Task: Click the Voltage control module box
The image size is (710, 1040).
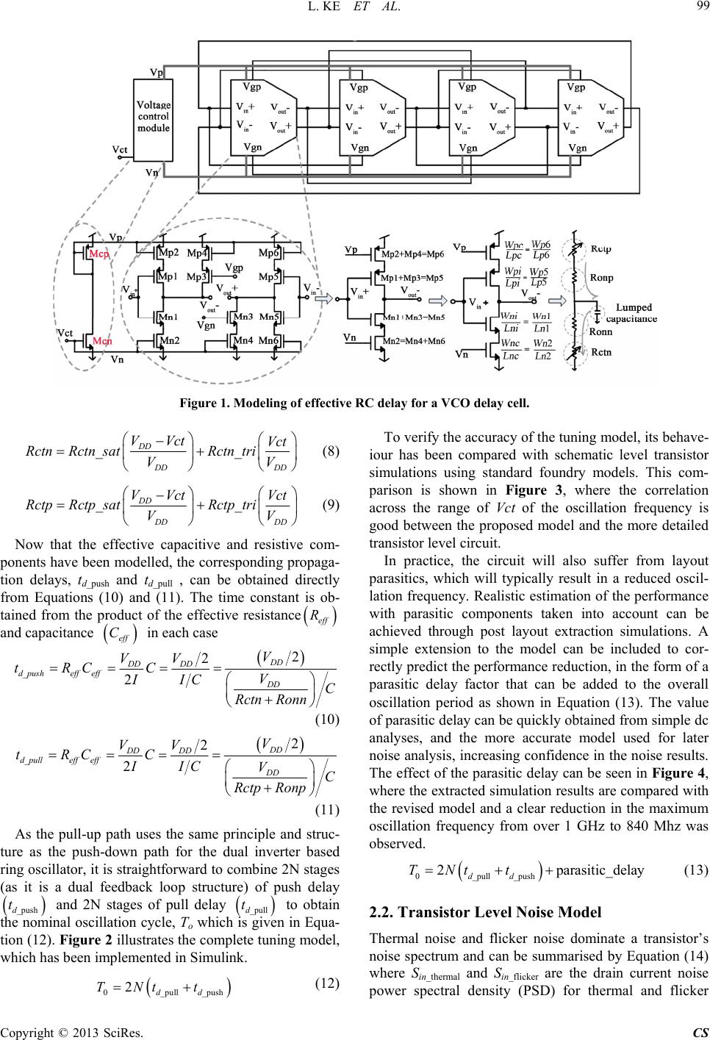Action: click(153, 120)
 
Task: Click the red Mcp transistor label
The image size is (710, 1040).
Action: click(99, 254)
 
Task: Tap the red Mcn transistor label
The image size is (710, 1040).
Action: click(102, 341)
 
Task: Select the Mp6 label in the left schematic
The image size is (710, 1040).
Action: click(268, 253)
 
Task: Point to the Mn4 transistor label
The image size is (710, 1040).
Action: click(243, 340)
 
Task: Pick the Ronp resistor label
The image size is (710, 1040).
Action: click(602, 278)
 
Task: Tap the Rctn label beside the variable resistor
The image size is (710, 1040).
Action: click(601, 352)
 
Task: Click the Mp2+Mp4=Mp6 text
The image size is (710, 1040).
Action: click(412, 254)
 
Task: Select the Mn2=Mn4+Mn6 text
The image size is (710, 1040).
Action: click(414, 341)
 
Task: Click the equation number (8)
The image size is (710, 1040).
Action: click(331, 451)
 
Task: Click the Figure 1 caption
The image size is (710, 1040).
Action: click(355, 403)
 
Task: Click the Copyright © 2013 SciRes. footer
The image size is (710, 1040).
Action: click(72, 1033)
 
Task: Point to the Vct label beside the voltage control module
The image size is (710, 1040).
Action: click(119, 149)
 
